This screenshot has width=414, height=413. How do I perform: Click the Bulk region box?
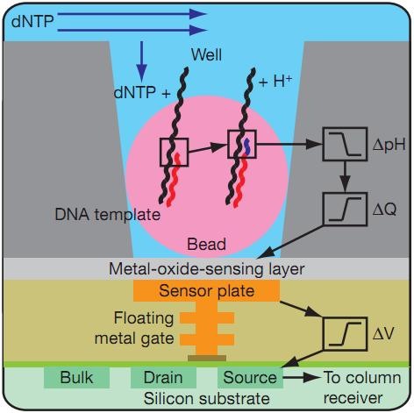point(76,378)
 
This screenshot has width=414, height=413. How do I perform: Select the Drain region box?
point(163,378)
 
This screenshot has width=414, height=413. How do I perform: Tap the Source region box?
point(250,378)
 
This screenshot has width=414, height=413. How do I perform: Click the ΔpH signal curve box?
point(345,144)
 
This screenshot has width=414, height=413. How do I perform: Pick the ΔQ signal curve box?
point(345,209)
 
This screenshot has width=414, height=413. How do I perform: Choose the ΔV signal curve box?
point(345,333)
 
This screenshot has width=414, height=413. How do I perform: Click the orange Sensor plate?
point(207,291)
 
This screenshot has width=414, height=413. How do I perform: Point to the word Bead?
point(207,244)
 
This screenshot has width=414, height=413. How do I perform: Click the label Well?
point(206,54)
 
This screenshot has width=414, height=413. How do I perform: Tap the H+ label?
point(275,81)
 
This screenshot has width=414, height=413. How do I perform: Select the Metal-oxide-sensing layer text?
point(207,269)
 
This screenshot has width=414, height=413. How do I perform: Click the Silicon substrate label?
point(207,399)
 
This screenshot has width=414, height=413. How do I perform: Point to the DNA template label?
point(108,215)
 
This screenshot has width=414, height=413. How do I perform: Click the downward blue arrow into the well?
point(142,61)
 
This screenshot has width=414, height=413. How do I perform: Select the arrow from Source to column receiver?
point(302,378)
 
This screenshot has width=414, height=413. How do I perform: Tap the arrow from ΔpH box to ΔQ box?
point(346,176)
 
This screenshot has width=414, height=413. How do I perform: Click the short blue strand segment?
point(247,146)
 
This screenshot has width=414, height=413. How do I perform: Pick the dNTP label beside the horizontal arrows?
point(32,21)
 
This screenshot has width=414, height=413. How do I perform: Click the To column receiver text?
point(362,388)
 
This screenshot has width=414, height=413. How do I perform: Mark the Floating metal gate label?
point(134,328)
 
